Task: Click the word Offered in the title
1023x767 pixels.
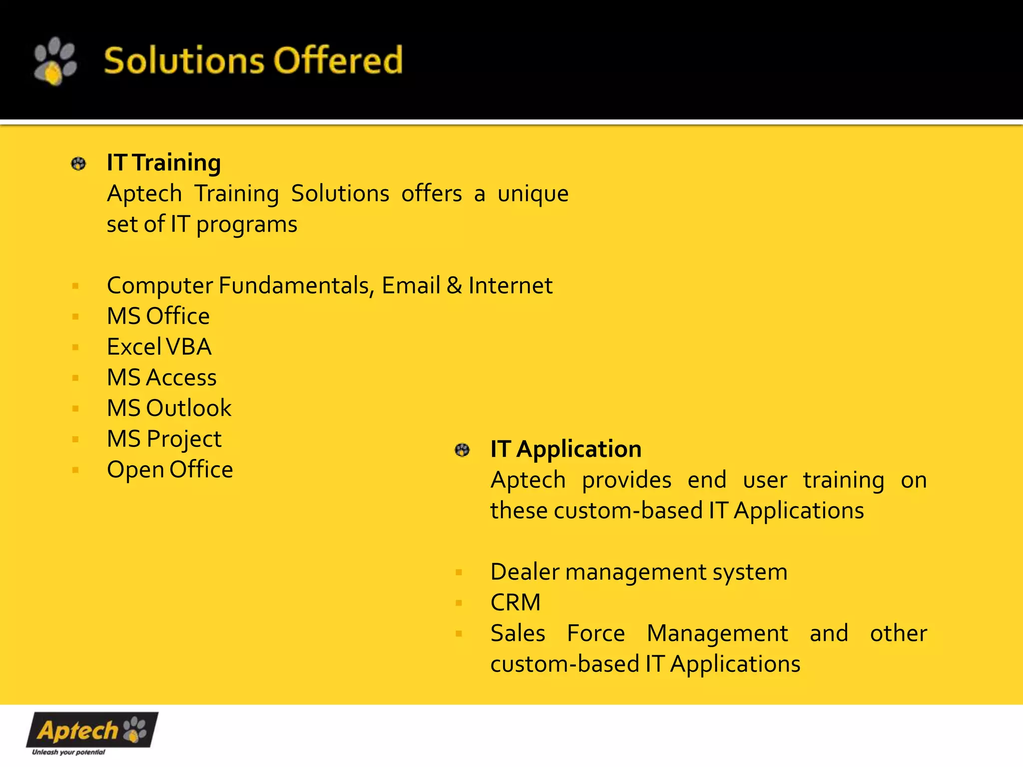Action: click(x=338, y=60)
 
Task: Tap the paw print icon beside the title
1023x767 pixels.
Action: click(x=55, y=61)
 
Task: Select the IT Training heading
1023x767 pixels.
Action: click(x=163, y=163)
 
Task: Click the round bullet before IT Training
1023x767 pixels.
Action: click(x=78, y=164)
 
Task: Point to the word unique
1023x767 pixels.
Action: click(x=532, y=194)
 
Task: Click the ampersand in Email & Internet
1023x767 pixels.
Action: click(x=454, y=286)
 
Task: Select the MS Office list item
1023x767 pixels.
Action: click(x=158, y=316)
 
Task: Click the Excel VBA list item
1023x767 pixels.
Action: click(x=159, y=347)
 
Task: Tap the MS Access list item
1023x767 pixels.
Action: click(x=161, y=378)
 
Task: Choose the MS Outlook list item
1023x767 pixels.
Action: click(x=169, y=408)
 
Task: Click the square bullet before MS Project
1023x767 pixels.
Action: click(x=75, y=439)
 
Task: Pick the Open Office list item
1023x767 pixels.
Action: click(x=170, y=469)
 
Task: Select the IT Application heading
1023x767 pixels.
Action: click(x=565, y=449)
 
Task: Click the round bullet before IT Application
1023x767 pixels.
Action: click(x=462, y=450)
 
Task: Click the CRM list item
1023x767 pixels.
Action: click(x=515, y=602)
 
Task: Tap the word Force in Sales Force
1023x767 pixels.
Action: click(x=595, y=633)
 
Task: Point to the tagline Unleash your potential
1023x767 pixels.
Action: click(x=68, y=752)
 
